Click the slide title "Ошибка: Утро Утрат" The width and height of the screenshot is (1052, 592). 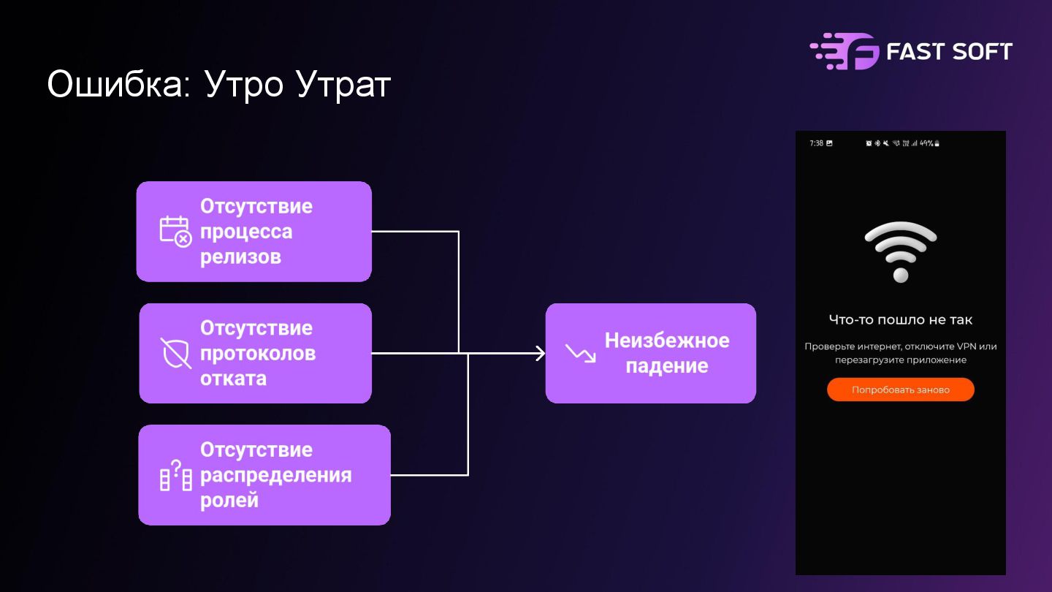(x=219, y=85)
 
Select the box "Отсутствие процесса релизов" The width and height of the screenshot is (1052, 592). (x=254, y=231)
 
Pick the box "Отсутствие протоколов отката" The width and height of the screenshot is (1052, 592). (x=255, y=353)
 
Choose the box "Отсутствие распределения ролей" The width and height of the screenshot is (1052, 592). (x=264, y=474)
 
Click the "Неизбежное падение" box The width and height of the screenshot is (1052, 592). (x=650, y=353)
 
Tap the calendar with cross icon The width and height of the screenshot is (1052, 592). (x=175, y=231)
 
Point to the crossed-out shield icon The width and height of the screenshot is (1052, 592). (x=175, y=353)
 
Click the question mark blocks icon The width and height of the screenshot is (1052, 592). (x=175, y=475)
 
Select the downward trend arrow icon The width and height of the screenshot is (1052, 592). (x=581, y=354)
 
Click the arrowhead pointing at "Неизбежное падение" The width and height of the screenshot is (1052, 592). (x=540, y=353)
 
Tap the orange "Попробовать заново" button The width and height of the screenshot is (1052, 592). (x=900, y=390)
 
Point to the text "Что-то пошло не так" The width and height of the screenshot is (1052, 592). (x=900, y=319)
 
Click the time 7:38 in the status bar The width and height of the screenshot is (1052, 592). (x=816, y=143)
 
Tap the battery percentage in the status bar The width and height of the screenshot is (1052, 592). (x=926, y=143)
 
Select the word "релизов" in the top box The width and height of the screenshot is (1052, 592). (x=240, y=257)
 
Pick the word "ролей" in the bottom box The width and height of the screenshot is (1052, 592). (x=229, y=501)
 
